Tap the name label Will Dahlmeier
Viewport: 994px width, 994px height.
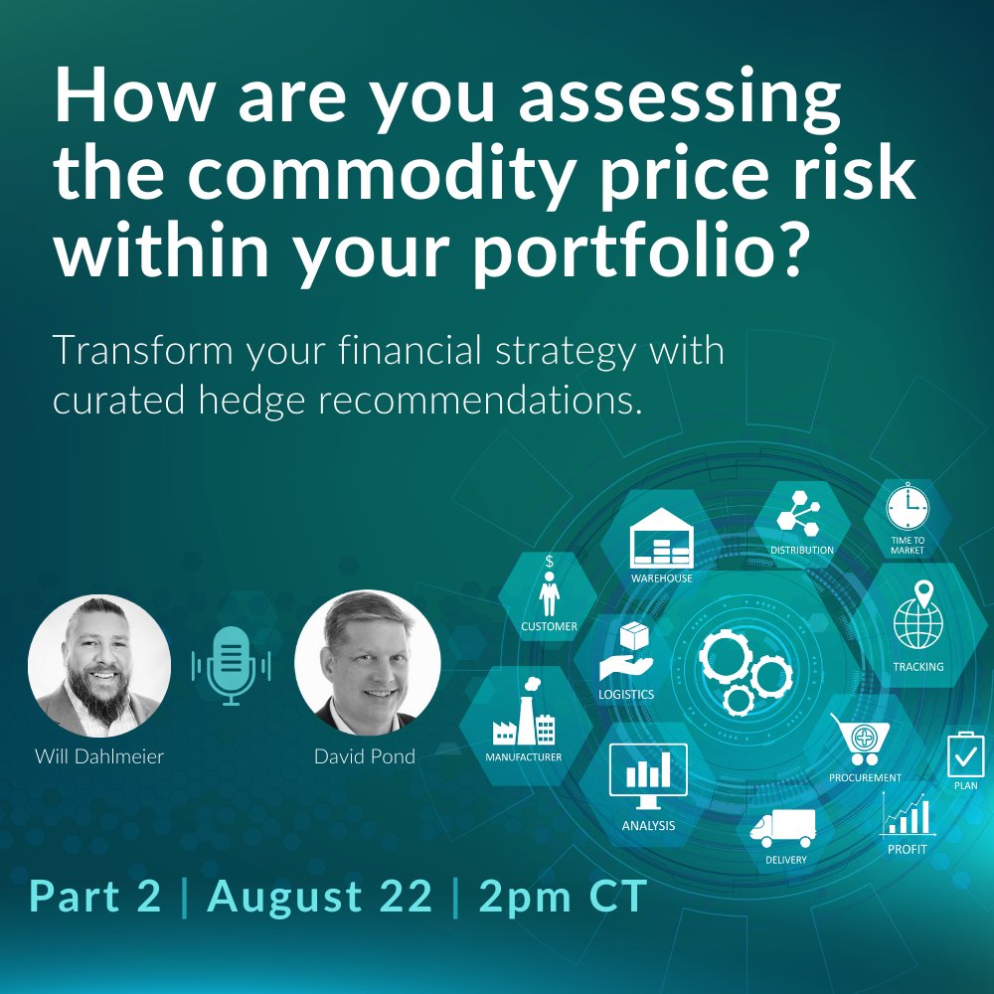(x=98, y=757)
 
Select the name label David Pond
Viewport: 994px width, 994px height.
(x=365, y=757)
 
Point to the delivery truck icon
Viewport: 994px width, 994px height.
(x=783, y=828)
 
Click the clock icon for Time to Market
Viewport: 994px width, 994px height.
(x=906, y=509)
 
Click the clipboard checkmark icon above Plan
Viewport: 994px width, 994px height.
(x=964, y=754)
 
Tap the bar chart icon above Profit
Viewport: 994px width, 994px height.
(x=907, y=817)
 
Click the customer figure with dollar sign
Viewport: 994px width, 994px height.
(x=548, y=587)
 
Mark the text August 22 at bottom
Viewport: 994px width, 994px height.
(x=320, y=897)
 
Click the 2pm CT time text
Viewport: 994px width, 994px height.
(x=563, y=897)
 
